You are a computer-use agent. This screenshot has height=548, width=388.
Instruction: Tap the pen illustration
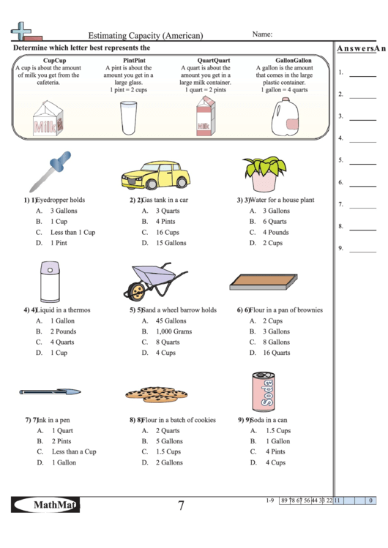point(51,392)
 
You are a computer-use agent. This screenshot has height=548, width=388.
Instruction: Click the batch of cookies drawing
point(153,394)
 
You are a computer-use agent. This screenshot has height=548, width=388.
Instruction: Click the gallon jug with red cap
point(286,118)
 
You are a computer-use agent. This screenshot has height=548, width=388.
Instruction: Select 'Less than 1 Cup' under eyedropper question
point(72,232)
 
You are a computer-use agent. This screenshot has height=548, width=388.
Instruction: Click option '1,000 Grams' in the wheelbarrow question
point(173,331)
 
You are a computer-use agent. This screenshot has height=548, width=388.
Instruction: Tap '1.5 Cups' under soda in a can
point(277,431)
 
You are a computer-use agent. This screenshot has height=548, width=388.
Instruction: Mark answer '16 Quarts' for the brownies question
point(277,353)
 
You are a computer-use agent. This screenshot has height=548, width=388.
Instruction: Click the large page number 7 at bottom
point(181,505)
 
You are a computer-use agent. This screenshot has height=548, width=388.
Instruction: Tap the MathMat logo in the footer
point(45,504)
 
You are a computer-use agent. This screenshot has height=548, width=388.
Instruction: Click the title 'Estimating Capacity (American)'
point(146,35)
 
